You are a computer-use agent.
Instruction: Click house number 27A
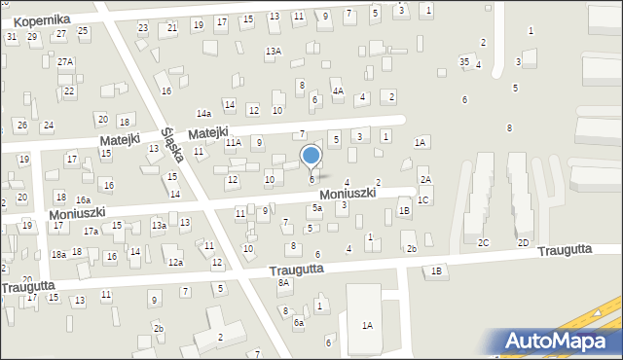[x=65, y=61]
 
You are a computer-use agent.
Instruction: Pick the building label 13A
[x=274, y=51]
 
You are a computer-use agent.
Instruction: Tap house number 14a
[x=203, y=114]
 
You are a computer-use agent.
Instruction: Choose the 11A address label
[x=234, y=143]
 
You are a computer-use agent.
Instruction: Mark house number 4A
[x=338, y=90]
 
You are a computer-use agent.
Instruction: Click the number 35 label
[x=464, y=62]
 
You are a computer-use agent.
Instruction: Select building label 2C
[x=483, y=242]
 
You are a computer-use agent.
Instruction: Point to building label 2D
[x=523, y=242]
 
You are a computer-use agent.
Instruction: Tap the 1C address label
[x=422, y=200]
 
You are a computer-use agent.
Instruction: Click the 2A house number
[x=424, y=180]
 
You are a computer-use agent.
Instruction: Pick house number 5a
[x=317, y=208]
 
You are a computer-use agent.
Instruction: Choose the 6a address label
[x=299, y=322]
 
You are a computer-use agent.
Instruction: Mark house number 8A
[x=284, y=283]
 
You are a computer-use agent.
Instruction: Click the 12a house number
[x=175, y=263]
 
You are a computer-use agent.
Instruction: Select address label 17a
[x=91, y=232]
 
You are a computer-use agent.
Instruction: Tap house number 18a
[x=58, y=254]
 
